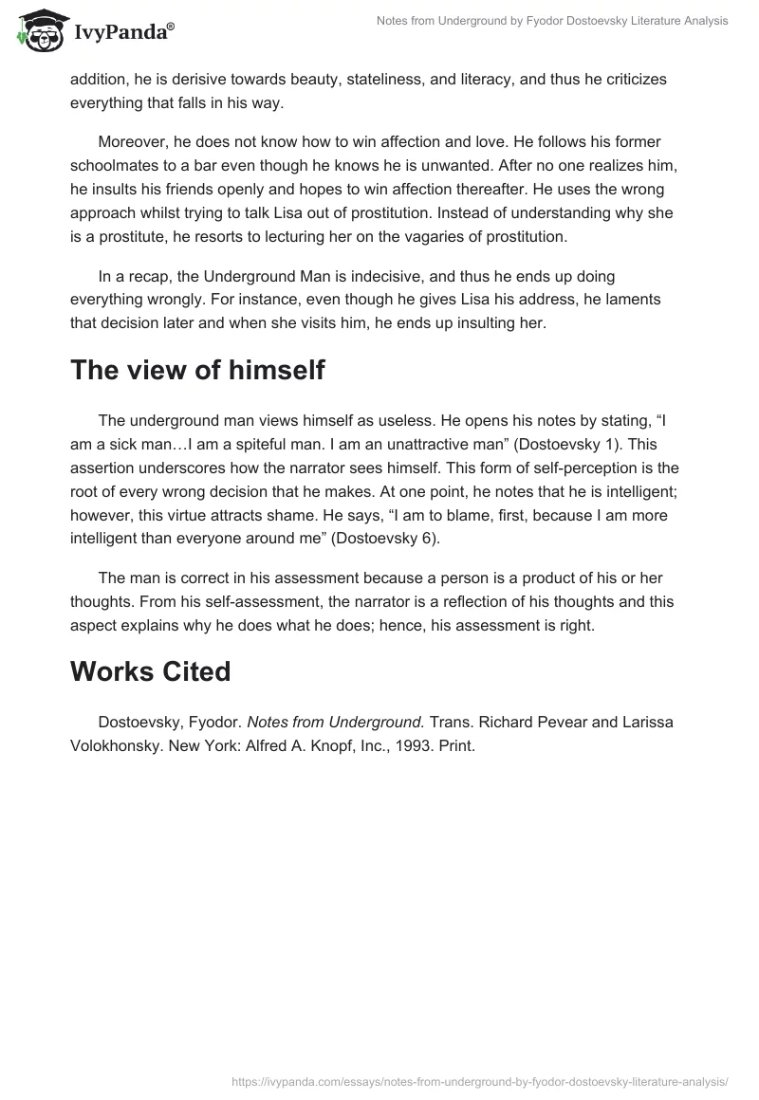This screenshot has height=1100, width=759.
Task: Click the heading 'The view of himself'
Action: point(197,369)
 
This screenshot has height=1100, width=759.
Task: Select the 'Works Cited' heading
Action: point(150,670)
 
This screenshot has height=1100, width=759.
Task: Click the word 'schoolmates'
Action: point(112,164)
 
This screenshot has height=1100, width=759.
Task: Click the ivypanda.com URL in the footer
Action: point(480,1079)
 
